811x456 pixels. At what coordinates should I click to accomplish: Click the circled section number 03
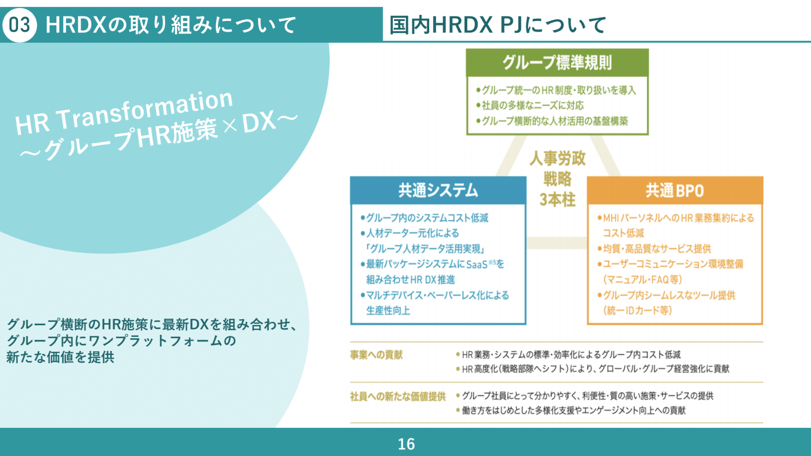tap(20, 25)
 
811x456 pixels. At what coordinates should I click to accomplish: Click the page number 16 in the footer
tap(406, 444)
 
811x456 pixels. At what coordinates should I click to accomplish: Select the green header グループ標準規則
tap(557, 63)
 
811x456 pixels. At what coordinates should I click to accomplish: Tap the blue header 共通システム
tap(438, 190)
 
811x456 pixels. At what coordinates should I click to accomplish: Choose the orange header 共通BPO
tap(675, 190)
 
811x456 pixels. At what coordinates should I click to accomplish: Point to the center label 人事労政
tap(557, 158)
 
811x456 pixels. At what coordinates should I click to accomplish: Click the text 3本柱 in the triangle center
tap(557, 200)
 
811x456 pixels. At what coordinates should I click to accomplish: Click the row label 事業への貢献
tap(376, 355)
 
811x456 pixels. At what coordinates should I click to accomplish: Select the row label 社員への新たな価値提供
tap(398, 396)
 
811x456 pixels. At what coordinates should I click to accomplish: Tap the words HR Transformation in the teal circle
tap(124, 112)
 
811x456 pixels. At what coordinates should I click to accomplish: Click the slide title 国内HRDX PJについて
tap(498, 25)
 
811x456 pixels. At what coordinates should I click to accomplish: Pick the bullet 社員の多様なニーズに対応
tap(530, 105)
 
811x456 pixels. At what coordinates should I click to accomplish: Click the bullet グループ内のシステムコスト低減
tap(425, 218)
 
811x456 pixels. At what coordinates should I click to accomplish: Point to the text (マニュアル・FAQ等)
tap(642, 280)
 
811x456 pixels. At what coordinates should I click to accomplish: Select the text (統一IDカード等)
tap(637, 311)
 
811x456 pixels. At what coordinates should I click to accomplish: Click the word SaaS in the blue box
tap(477, 264)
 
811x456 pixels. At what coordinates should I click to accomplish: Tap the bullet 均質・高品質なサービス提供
tap(654, 249)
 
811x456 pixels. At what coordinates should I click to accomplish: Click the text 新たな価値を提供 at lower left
tap(60, 357)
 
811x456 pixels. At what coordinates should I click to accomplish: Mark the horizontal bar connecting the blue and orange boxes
tap(556, 243)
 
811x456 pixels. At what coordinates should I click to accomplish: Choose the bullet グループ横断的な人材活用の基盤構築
tap(552, 121)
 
